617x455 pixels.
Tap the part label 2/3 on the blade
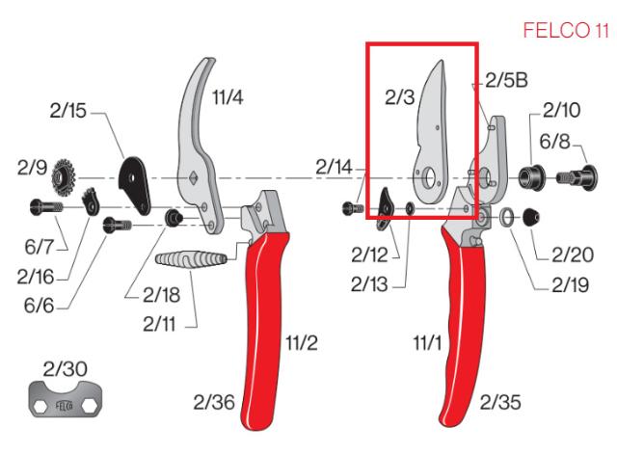400,96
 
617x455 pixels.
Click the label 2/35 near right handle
500,399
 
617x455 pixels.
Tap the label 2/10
561,112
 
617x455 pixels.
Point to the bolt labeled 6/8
572,178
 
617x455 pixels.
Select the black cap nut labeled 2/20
529,218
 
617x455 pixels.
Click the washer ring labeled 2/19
506,219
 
